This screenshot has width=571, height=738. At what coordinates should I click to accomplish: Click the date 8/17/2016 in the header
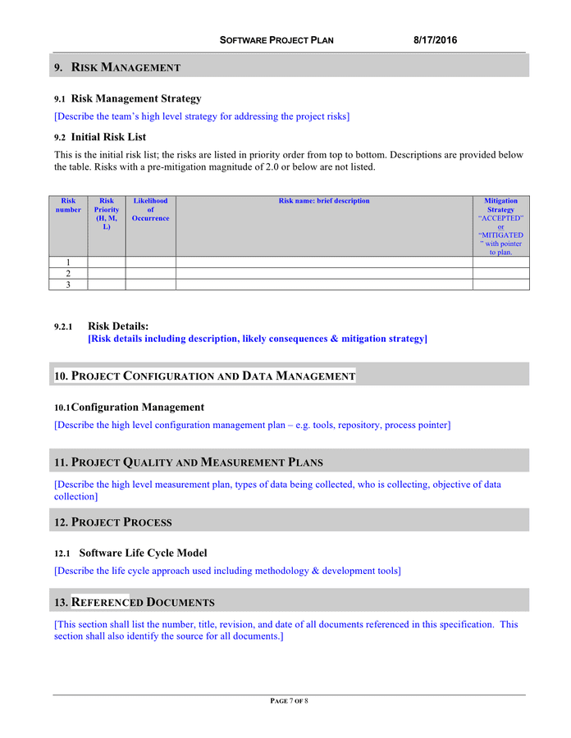click(x=436, y=40)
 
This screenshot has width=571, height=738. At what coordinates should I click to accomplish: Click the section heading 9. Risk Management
click(x=117, y=67)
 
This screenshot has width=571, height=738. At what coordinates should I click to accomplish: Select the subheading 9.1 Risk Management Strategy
click(x=127, y=98)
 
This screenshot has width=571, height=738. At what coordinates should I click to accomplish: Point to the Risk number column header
click(x=68, y=205)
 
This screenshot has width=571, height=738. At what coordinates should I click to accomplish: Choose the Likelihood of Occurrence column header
click(x=150, y=209)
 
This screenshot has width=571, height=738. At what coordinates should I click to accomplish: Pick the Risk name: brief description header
click(x=324, y=201)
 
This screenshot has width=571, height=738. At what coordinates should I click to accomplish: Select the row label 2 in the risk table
click(x=68, y=273)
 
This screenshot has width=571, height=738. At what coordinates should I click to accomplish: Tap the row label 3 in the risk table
click(x=68, y=285)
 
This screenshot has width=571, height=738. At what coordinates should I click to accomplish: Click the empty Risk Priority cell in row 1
click(x=106, y=262)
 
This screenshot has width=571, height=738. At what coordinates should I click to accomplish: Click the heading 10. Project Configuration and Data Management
click(x=204, y=376)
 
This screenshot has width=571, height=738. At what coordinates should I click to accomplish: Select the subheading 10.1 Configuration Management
click(x=129, y=407)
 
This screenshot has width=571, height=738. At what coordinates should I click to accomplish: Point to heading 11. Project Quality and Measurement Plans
click(x=188, y=462)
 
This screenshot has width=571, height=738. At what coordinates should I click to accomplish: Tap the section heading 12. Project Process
click(x=112, y=522)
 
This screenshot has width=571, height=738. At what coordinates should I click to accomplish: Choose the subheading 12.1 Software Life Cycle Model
click(x=130, y=553)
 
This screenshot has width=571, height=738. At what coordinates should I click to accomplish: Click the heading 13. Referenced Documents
click(x=134, y=603)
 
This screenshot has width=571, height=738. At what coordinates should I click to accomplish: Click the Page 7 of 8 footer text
click(x=289, y=701)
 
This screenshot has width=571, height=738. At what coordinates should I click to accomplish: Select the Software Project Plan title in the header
click(x=276, y=40)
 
